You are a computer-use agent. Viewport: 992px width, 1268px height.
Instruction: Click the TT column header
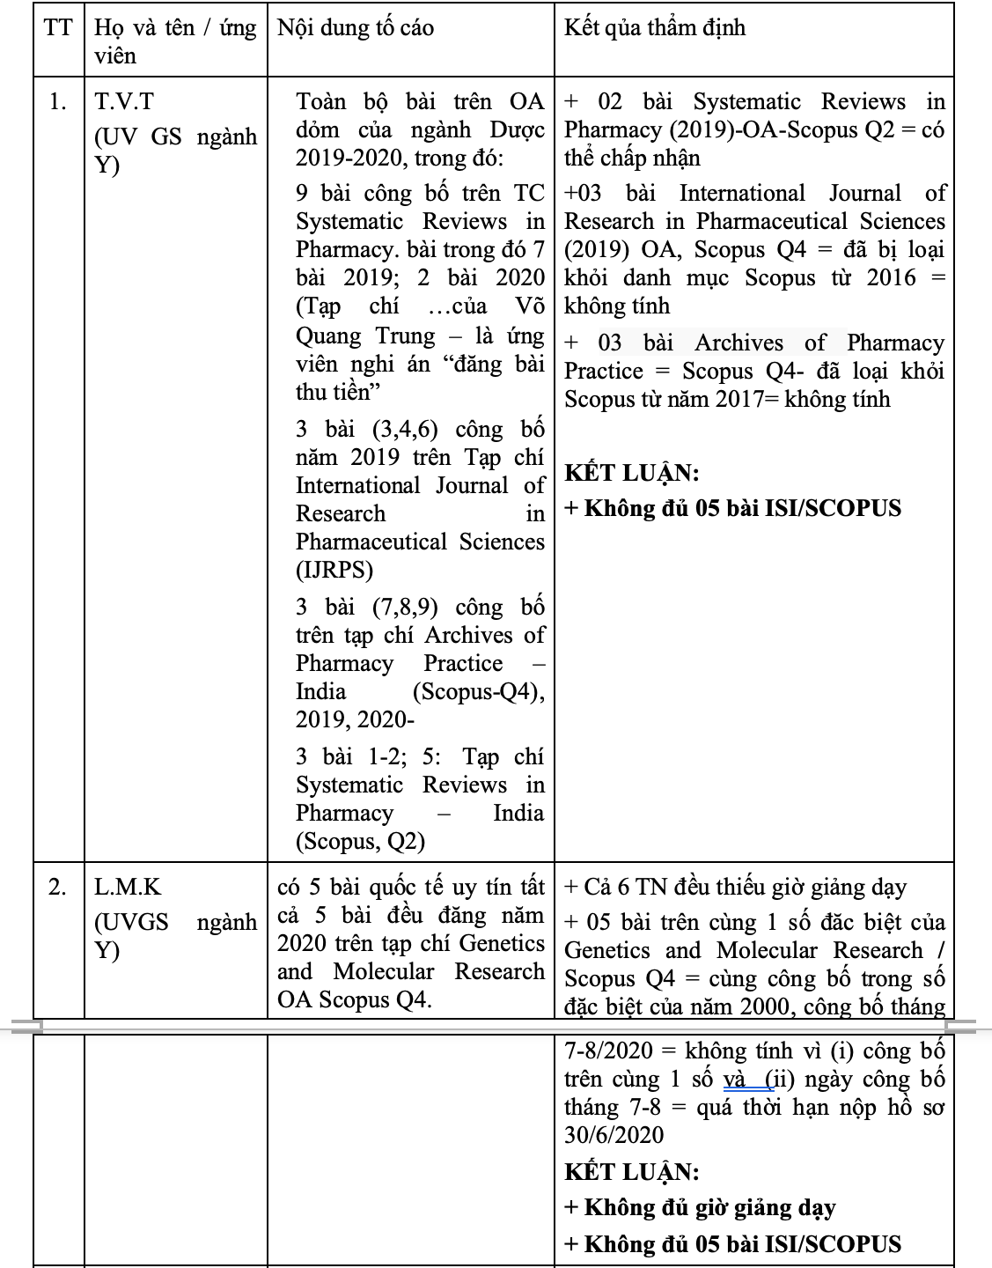coord(58,27)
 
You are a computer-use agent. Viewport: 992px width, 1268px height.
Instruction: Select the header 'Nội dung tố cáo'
coord(356,27)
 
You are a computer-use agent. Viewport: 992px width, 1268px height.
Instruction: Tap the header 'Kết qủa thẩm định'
coord(655,27)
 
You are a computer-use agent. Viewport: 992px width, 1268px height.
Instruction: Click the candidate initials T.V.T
coord(124,101)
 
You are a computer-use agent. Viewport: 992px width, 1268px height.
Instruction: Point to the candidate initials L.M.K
coord(128,887)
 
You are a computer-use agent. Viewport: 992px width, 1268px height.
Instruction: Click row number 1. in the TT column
coord(58,101)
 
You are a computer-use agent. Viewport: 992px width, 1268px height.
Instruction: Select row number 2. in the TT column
coord(58,887)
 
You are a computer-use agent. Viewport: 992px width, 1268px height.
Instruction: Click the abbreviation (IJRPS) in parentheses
coord(334,570)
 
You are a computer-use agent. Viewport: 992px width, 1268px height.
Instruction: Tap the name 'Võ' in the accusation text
coord(530,306)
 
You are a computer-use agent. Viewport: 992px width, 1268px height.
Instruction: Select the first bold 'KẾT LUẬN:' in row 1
coord(631,473)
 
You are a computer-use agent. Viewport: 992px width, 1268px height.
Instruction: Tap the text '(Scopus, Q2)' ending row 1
coord(361,841)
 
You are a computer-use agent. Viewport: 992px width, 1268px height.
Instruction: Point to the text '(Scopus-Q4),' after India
coord(478,691)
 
